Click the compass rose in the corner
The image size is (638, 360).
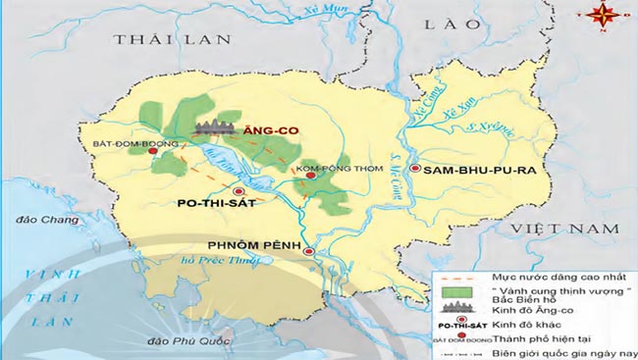603,14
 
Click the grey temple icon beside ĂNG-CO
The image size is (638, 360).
217,125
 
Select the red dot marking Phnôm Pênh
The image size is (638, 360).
311,252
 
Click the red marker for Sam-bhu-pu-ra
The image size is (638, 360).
416,170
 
